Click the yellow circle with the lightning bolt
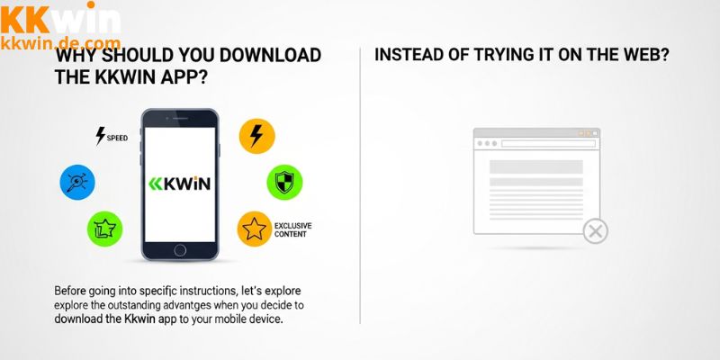256,136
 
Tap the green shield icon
283,181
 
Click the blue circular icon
76,181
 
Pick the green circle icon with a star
104,229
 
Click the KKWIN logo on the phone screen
180,183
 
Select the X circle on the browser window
594,231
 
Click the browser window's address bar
546,143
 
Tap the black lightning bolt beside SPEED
100,136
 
